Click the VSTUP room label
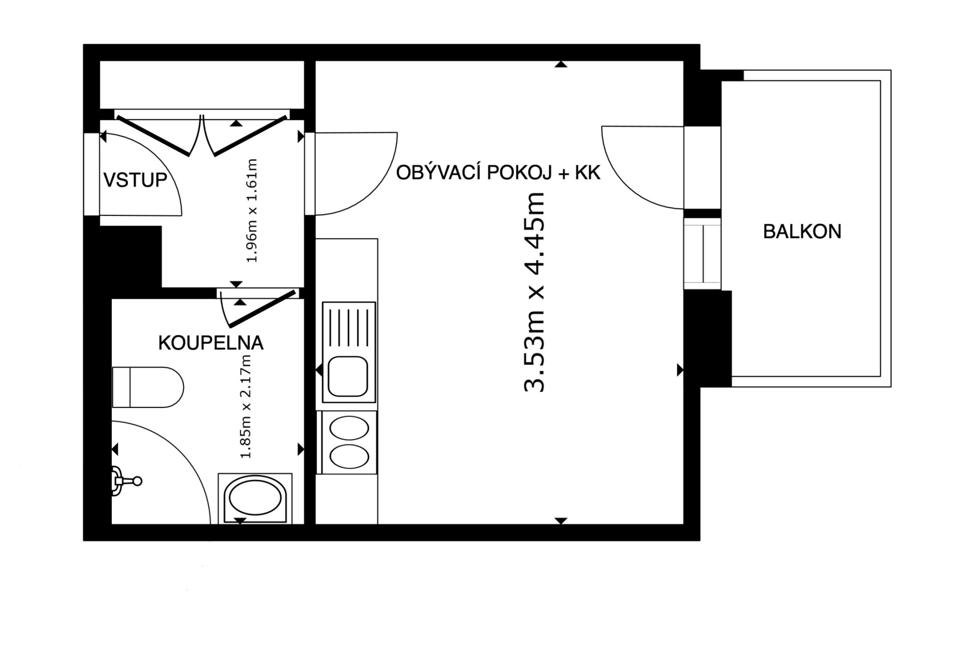coord(135,179)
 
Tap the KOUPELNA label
coord(211,343)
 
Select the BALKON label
coord(802,232)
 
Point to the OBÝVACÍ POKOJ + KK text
coord(498,173)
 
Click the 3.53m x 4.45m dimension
coord(534,292)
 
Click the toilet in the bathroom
coord(148,387)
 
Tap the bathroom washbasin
coord(255,499)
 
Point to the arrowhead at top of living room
coord(561,64)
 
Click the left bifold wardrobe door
coord(153,136)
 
